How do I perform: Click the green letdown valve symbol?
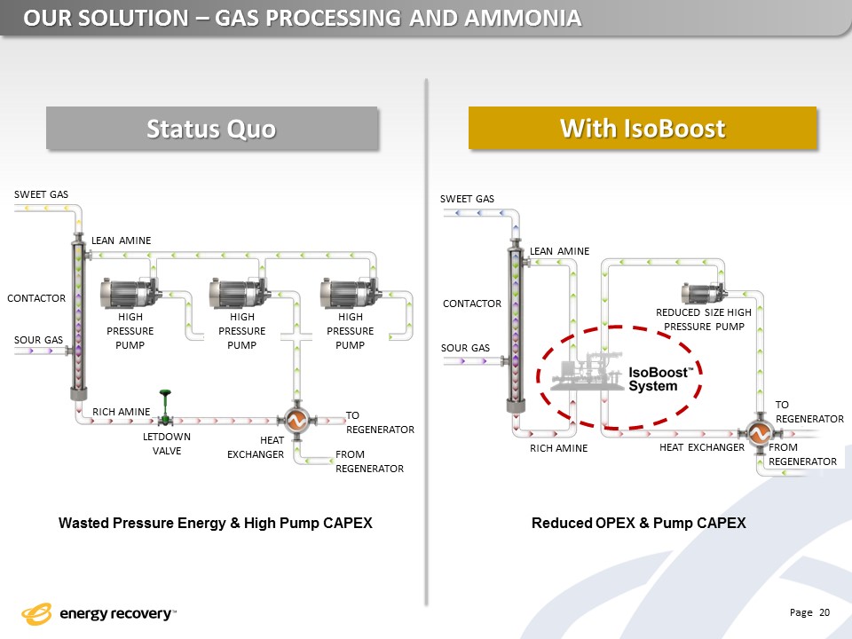[165, 407]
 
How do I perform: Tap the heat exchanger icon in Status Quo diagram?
[296, 420]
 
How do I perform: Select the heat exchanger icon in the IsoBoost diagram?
[759, 433]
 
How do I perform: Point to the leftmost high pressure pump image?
[130, 293]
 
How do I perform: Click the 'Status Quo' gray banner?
[212, 128]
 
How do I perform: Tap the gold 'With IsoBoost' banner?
[643, 128]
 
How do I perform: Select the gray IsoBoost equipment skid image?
[588, 371]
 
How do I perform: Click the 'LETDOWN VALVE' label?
[167, 444]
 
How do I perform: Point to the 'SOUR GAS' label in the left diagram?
[38, 340]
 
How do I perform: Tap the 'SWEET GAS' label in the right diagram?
[468, 199]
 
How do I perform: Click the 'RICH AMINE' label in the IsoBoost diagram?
[558, 448]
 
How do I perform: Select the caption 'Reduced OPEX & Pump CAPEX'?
[638, 523]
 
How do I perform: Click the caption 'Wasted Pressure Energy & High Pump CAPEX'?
[216, 523]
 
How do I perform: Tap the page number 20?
[824, 612]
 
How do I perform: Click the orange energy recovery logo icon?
[36, 614]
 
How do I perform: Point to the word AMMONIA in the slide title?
[523, 18]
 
